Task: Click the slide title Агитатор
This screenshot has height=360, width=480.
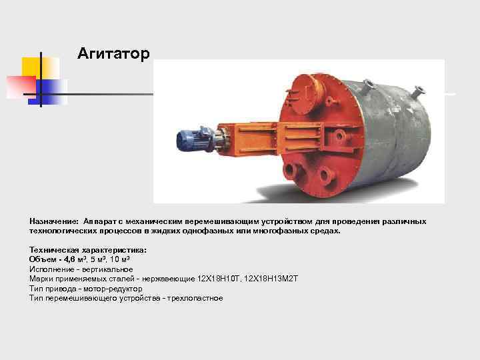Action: pos(113,53)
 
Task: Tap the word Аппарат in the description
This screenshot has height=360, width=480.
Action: pos(101,221)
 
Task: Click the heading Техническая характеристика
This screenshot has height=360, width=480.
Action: pos(88,250)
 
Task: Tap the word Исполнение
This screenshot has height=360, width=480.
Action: pos(51,269)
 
